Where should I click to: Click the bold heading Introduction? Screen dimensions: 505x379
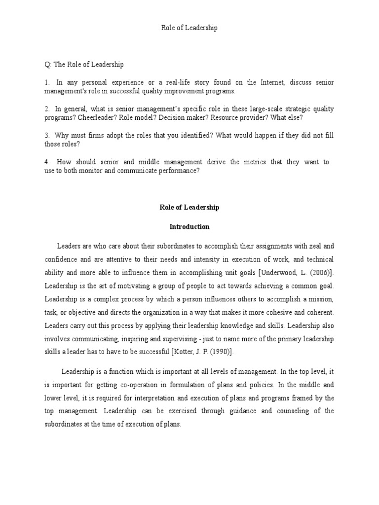(x=189, y=227)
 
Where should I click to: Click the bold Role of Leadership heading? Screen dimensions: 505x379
(x=189, y=208)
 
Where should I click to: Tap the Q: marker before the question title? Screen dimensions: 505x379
(x=48, y=65)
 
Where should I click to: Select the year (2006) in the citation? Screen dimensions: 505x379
(x=319, y=273)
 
